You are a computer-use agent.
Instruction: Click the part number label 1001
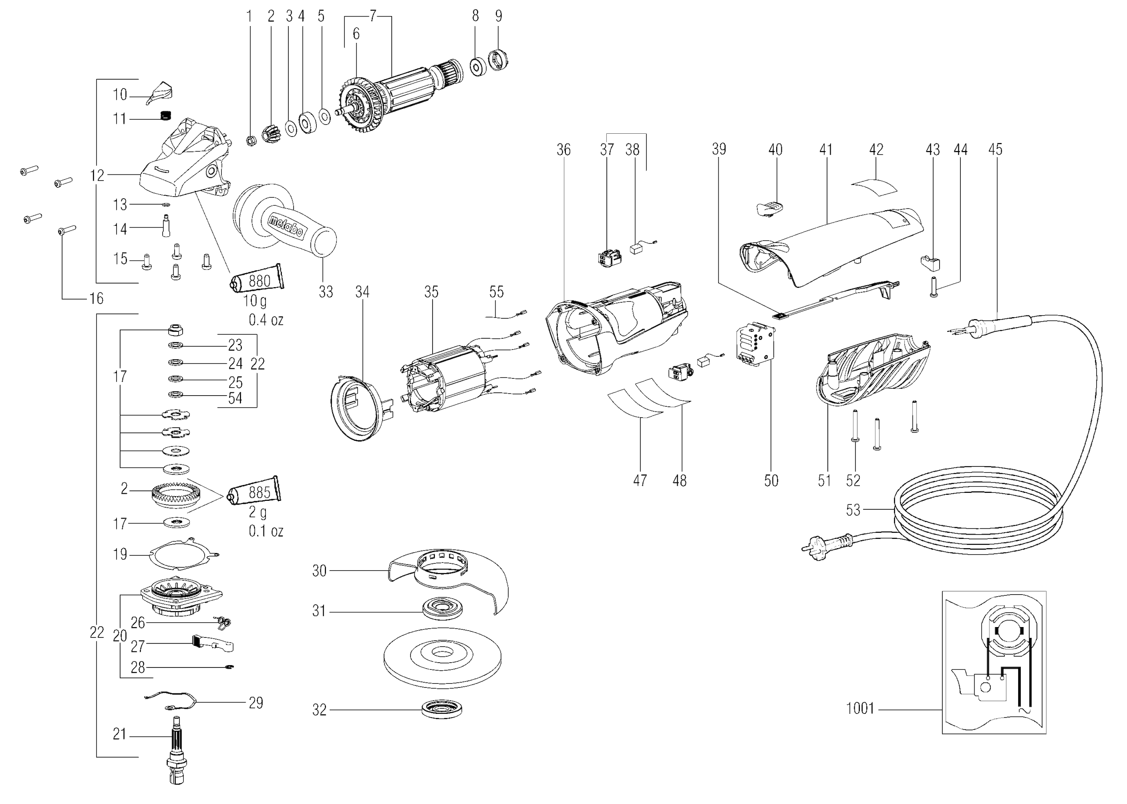[x=860, y=709]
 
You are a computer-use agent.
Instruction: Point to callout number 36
[x=563, y=150]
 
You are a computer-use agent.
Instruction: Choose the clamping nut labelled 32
[x=443, y=708]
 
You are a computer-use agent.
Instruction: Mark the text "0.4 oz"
[x=266, y=320]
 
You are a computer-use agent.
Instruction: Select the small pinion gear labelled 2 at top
[x=271, y=135]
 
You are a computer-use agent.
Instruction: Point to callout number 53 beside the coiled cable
[x=853, y=510]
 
